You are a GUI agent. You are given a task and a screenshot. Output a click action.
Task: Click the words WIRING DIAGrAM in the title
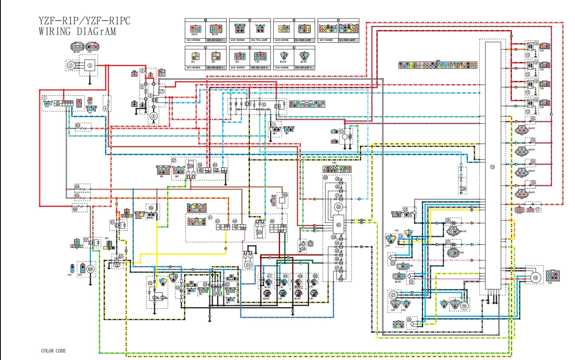(x=77, y=32)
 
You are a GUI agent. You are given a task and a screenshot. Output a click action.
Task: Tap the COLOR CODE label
(x=53, y=351)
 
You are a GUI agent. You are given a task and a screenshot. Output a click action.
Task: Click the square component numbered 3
(x=90, y=65)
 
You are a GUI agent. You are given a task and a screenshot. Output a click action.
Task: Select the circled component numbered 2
(x=71, y=65)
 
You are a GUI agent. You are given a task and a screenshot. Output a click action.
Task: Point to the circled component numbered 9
(x=153, y=117)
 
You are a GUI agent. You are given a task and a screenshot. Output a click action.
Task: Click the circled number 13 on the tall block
(x=492, y=167)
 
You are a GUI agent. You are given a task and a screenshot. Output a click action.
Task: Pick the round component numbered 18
(x=535, y=277)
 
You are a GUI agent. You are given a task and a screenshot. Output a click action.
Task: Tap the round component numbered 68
(x=90, y=269)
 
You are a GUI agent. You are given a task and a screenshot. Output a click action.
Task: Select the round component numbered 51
(x=248, y=265)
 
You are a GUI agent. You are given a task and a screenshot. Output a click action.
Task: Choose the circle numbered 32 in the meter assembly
(x=338, y=206)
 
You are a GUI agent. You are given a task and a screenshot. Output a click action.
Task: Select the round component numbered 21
(x=393, y=295)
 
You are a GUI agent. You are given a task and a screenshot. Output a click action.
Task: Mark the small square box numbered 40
(x=282, y=201)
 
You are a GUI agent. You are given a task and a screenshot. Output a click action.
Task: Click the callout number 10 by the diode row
(x=263, y=105)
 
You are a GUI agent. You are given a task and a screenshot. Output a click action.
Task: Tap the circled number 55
(x=150, y=283)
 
